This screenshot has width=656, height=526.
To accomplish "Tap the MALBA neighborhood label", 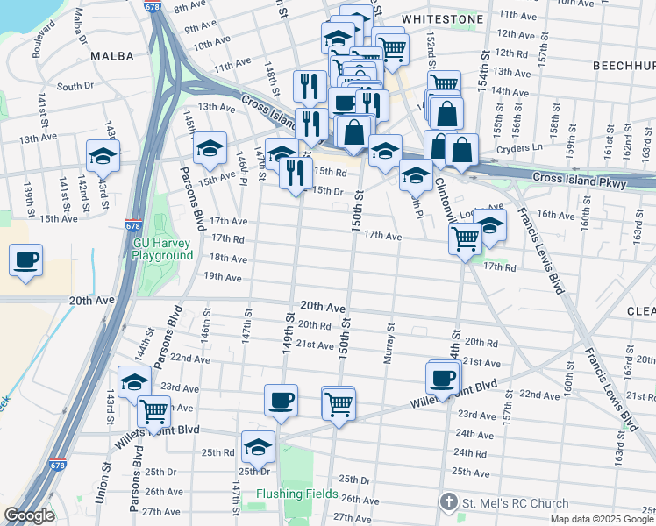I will coord(112,56).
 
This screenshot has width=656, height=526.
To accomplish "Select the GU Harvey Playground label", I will coord(162,248).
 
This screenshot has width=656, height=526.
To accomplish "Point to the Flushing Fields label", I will coord(296,494).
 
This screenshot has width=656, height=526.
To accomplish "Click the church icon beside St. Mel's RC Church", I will coord(448,503).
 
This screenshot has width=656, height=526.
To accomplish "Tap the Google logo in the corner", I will coord(30,515).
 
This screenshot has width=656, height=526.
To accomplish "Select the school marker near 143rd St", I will coord(103,156).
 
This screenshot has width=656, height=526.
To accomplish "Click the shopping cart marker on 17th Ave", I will coord(465,237).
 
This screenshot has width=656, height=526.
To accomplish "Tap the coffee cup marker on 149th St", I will coord(282,400).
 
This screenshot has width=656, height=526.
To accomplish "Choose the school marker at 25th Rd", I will coord(258,446).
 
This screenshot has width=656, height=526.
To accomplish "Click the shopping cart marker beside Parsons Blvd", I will coord(154,409).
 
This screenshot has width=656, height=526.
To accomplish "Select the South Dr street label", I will coord(75,86).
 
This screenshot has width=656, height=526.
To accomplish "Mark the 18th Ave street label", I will coord(226,258).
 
